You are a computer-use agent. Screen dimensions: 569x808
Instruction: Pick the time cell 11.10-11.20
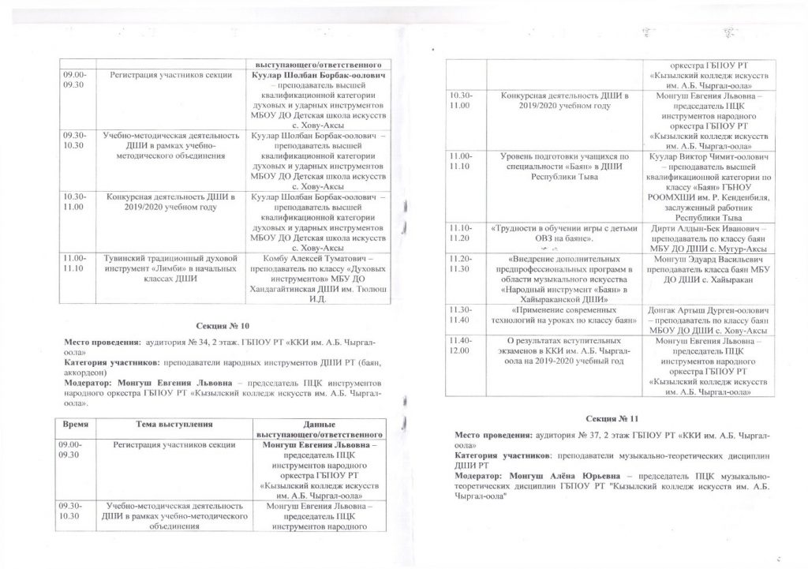coord(461,233)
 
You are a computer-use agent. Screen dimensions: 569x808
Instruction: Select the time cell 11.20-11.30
coord(461,264)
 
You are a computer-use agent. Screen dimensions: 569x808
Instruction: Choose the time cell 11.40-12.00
coord(461,345)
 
